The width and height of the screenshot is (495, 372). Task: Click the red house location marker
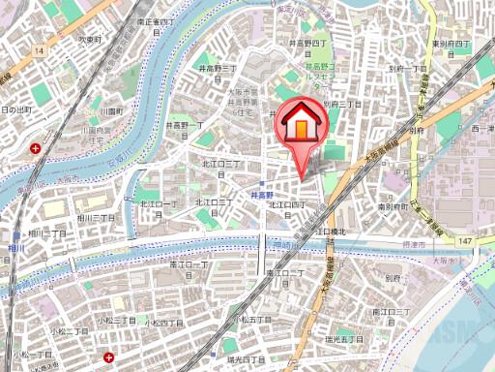[304, 126]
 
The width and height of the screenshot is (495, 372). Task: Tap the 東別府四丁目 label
[450, 44]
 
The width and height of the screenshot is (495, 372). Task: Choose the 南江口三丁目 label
[390, 311]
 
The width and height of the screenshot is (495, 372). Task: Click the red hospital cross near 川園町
[36, 148]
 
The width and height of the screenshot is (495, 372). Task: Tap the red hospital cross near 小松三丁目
[108, 356]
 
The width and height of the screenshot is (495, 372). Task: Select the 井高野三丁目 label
[218, 69]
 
